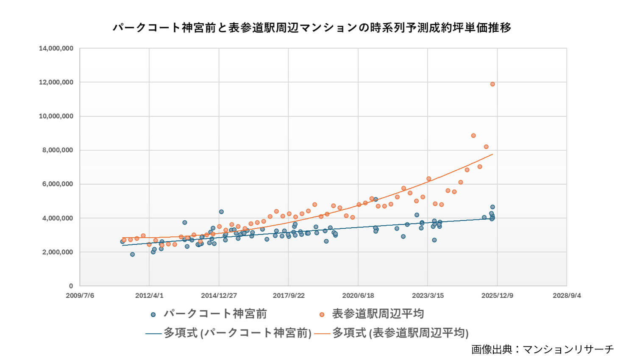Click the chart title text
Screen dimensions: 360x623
(311, 28)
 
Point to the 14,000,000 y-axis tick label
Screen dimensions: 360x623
(56, 48)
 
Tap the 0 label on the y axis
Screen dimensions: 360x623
(71, 286)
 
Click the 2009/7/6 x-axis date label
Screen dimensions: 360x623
(80, 296)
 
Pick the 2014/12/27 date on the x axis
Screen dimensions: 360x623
(219, 296)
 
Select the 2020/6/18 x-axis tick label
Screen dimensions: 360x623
(358, 296)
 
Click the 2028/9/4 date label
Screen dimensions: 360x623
(567, 296)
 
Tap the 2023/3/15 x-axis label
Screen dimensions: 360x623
(428, 296)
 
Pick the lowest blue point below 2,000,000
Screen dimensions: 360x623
(132, 255)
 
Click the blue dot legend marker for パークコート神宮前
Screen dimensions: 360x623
(153, 315)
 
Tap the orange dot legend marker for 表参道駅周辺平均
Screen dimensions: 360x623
(322, 315)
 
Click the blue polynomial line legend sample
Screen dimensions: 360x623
(153, 334)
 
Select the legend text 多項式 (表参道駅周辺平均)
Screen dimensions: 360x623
(400, 333)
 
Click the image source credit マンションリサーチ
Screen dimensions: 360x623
(542, 349)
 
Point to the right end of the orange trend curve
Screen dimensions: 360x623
(492, 154)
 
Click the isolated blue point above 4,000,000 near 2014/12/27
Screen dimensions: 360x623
(221, 212)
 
